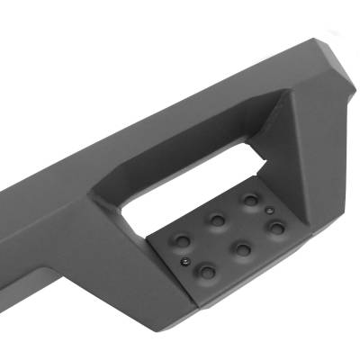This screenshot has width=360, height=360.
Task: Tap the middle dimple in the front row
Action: tap(242, 249)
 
